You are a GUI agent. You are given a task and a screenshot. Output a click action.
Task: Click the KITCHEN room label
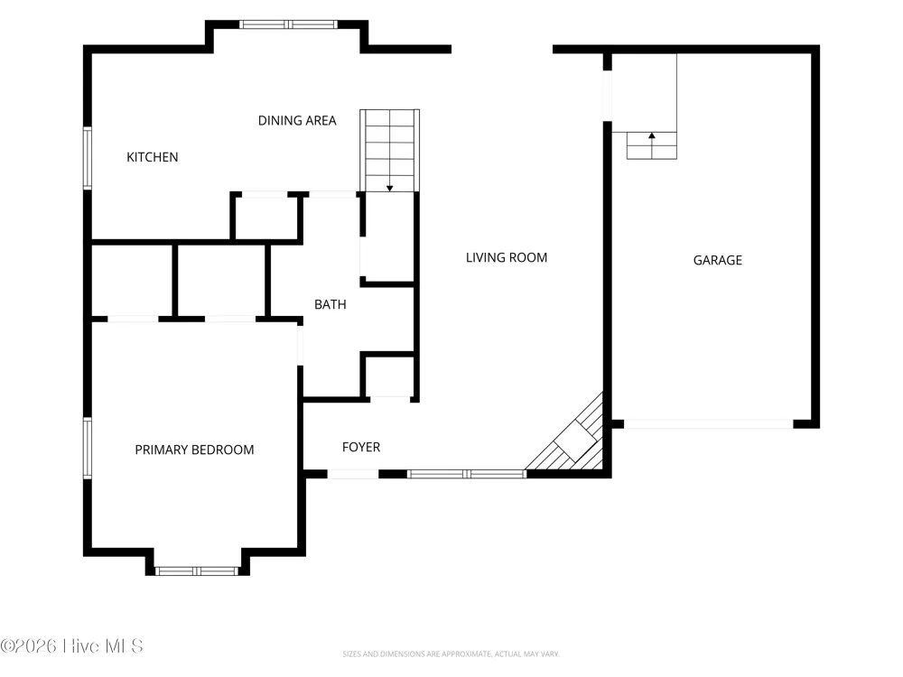tap(152, 157)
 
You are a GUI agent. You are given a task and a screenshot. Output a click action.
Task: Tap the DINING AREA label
tap(296, 121)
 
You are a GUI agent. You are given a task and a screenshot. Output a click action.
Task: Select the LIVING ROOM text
tap(507, 258)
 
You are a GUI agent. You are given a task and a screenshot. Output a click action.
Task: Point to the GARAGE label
tap(717, 260)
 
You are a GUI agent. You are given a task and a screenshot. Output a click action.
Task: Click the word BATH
tap(330, 304)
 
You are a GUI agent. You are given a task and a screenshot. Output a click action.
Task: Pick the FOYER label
tap(361, 448)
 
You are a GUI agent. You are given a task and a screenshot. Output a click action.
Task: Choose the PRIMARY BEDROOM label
tap(194, 450)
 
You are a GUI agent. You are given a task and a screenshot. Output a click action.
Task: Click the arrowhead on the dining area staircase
tap(389, 189)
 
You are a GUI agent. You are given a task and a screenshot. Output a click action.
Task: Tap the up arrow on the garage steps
tap(651, 136)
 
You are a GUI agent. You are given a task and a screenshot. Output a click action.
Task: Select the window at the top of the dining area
tap(289, 24)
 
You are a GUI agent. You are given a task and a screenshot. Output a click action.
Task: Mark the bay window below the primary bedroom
tap(197, 571)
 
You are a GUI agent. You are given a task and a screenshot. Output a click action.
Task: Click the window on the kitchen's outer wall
tap(88, 158)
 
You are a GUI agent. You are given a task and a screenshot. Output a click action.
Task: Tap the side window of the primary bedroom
tap(88, 448)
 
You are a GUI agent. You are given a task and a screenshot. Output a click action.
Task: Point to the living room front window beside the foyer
tap(467, 474)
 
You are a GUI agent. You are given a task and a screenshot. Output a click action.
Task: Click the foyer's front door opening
tap(353, 474)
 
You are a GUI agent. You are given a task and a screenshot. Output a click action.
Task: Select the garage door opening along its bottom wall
tap(708, 424)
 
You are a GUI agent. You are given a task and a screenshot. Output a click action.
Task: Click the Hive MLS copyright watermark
tap(71, 646)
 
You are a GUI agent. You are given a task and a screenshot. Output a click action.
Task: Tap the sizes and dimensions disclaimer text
tap(451, 654)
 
